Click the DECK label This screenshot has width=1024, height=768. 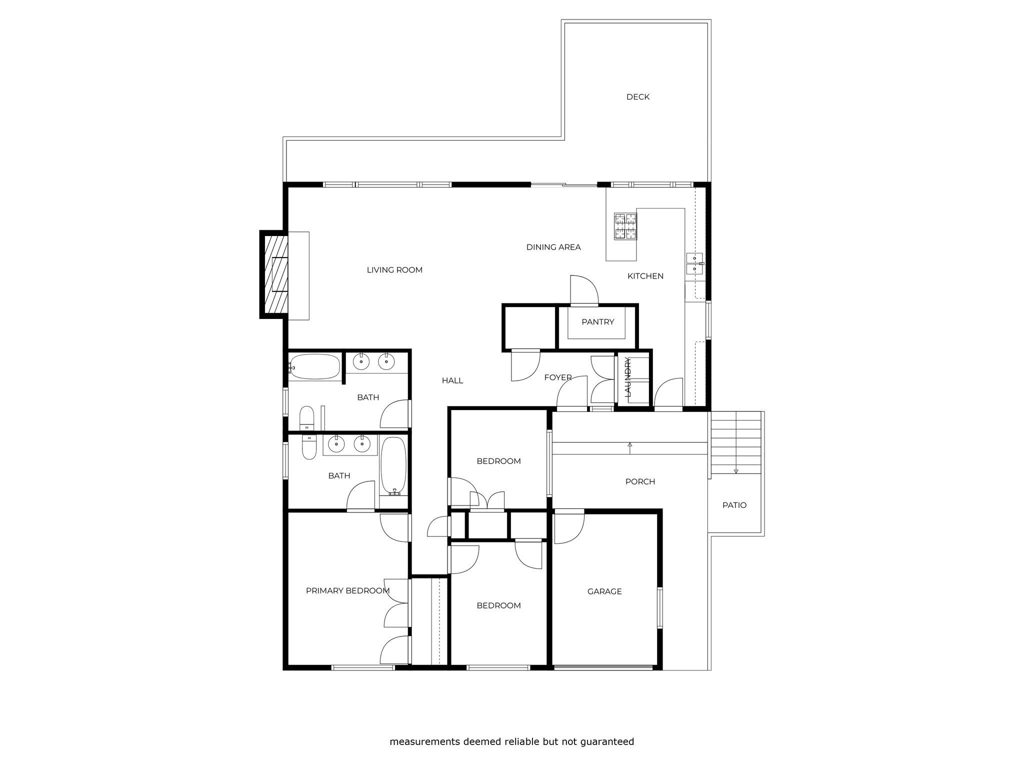tap(638, 97)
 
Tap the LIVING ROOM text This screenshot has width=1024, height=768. tap(394, 270)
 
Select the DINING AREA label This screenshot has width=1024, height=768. tap(553, 247)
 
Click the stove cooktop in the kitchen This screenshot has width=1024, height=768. tap(625, 226)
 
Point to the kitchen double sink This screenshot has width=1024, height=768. tap(694, 263)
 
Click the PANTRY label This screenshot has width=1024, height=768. tap(597, 322)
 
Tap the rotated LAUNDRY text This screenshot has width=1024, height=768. tap(628, 377)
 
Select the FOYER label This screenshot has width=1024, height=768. tap(558, 377)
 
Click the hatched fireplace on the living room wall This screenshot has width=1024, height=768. tap(274, 274)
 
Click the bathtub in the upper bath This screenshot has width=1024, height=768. tap(314, 366)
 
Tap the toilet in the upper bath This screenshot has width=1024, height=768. tap(306, 418)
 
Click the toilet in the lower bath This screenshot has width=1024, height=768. tap(309, 447)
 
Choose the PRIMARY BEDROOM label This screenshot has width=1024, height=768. tap(347, 591)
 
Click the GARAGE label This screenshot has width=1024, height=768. tap(604, 591)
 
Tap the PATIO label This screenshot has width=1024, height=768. tap(734, 505)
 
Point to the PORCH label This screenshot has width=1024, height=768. tap(640, 481)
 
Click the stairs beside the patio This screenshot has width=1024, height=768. tap(735, 442)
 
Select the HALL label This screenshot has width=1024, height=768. tap(452, 380)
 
